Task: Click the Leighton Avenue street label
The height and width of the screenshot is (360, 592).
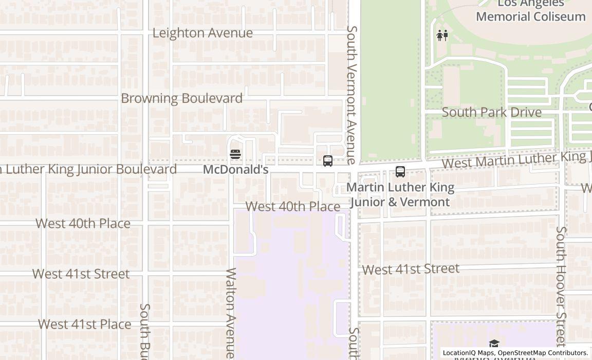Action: [x=202, y=33]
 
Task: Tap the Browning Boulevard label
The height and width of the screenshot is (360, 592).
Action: [x=181, y=98]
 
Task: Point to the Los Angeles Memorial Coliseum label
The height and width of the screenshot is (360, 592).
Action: [x=530, y=10]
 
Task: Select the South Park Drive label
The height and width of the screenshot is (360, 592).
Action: [x=491, y=112]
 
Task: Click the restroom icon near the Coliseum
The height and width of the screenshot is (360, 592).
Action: [x=442, y=35]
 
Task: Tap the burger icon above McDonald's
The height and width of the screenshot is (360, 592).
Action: [x=235, y=154]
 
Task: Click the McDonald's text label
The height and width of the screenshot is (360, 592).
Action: [x=235, y=169]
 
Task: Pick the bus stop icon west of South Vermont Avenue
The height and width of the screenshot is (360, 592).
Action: [x=328, y=161]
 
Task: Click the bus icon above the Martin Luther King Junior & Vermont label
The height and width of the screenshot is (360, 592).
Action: [x=400, y=172]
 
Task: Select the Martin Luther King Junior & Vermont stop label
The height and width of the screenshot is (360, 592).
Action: [x=400, y=194]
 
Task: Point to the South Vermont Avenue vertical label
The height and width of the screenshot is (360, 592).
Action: [x=352, y=95]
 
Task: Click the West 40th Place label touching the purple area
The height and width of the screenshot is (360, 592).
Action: [x=293, y=206]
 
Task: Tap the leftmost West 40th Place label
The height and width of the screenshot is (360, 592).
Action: [x=83, y=223]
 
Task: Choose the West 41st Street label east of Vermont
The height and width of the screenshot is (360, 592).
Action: [x=411, y=269]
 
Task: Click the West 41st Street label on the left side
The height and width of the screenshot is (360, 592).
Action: [x=81, y=274]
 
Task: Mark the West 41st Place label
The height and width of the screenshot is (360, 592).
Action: [x=84, y=324]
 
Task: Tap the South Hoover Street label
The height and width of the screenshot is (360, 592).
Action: [x=561, y=285]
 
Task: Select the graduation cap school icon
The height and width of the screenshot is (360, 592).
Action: [x=494, y=344]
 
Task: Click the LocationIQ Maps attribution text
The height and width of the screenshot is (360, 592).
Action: [x=515, y=353]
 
